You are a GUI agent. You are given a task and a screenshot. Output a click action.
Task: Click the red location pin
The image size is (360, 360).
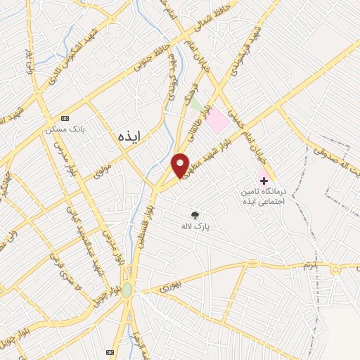(x=181, y=165)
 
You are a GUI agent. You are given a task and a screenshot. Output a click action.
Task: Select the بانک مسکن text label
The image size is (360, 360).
(x=60, y=130)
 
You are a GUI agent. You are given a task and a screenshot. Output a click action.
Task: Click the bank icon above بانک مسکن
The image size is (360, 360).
(x=65, y=117)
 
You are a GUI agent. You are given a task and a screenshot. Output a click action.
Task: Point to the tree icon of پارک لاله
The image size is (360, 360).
(x=194, y=215)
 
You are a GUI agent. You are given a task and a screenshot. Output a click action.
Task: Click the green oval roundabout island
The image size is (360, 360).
(x=127, y=290)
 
